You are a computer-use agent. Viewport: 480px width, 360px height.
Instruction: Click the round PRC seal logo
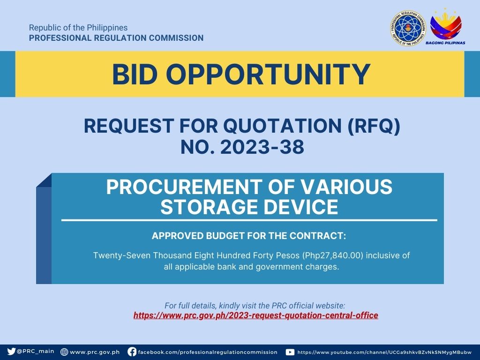click(x=408, y=28)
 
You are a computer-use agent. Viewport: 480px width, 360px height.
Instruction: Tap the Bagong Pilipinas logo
click(x=445, y=27)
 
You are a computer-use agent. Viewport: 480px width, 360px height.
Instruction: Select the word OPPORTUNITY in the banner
click(x=269, y=75)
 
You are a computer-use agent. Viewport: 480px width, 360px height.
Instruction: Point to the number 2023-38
click(x=262, y=147)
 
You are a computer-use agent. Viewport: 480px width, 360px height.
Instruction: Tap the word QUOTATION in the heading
click(x=282, y=126)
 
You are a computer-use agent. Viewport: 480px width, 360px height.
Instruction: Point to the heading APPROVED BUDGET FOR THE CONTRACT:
click(x=249, y=236)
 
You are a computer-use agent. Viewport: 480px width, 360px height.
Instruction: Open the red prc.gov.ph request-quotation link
click(x=255, y=315)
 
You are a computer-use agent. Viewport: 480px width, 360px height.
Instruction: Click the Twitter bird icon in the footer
click(x=11, y=351)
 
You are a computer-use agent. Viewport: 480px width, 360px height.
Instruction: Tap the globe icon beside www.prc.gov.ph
click(x=64, y=352)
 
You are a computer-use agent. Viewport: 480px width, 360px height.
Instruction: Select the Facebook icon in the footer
click(x=132, y=352)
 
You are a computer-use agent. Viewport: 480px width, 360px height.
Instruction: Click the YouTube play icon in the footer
click(x=290, y=352)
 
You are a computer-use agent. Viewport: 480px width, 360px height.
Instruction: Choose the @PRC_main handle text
click(x=36, y=352)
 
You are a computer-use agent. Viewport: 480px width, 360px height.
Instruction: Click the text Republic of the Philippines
click(x=78, y=28)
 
